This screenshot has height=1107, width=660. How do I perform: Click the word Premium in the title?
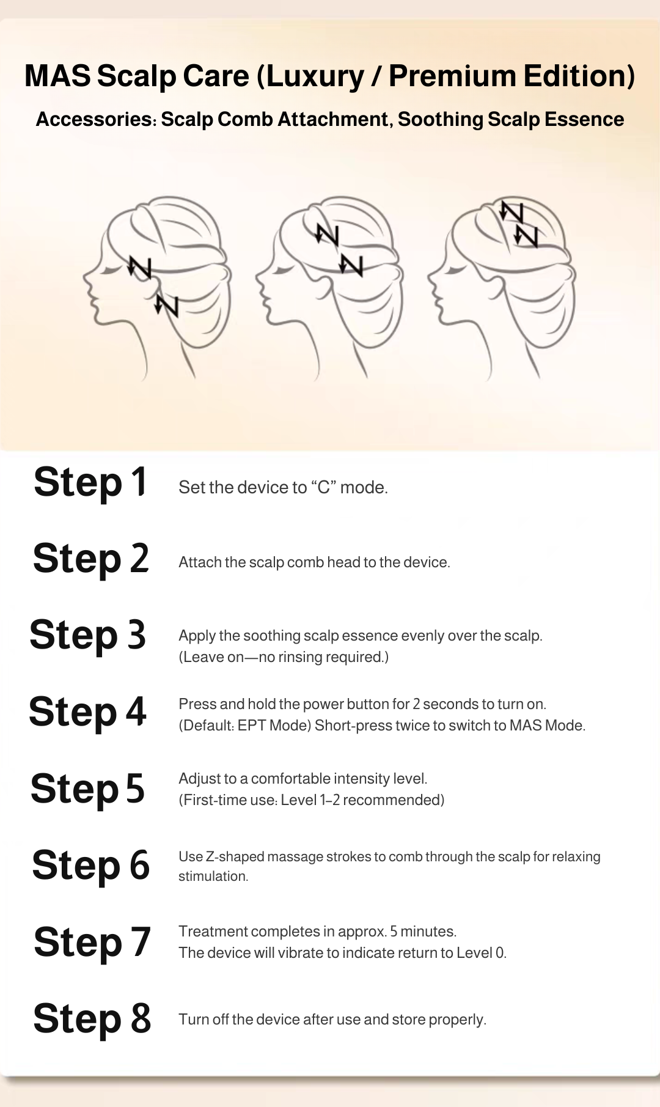point(452,76)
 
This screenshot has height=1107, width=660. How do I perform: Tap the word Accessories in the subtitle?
point(94,119)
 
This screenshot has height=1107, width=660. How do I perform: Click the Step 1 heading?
point(90,482)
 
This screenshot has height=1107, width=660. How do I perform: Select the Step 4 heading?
point(88,712)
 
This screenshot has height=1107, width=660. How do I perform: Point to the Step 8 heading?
point(92,1018)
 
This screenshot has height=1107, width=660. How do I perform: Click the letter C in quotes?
point(323,488)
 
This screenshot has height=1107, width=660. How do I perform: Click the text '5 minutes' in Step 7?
point(423,932)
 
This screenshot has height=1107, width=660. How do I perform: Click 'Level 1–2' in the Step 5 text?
point(310,800)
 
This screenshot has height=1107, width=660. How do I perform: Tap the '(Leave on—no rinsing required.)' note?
point(284,657)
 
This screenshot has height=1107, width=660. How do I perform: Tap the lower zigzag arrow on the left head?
point(166,305)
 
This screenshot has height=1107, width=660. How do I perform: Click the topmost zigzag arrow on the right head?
point(512,211)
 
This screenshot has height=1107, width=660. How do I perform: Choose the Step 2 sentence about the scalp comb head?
point(314,562)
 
